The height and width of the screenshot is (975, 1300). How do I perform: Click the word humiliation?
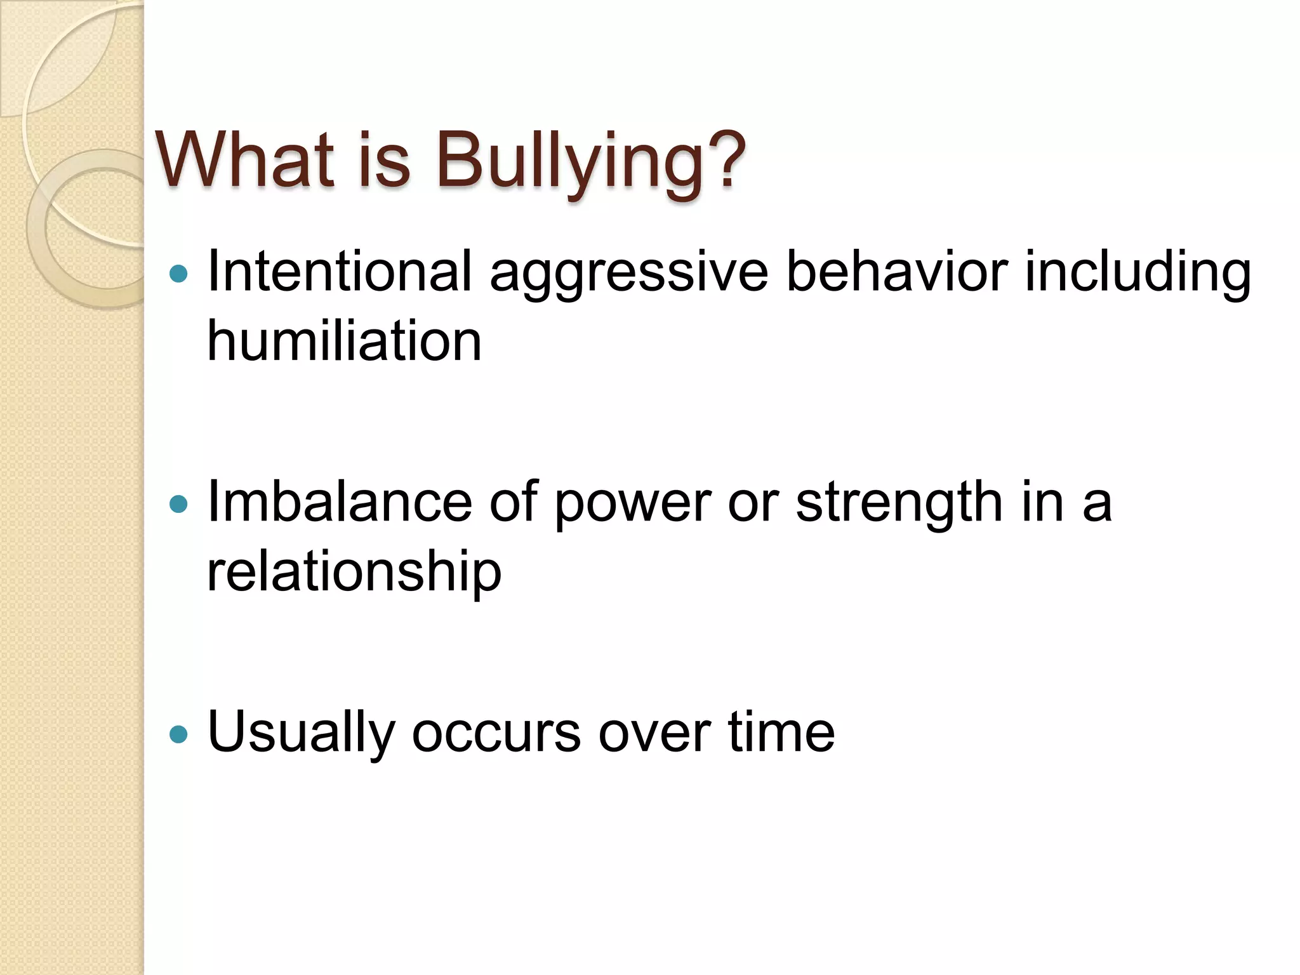click(345, 341)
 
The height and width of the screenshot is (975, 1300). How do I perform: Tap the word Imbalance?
click(340, 501)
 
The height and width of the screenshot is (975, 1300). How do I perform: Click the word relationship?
click(354, 571)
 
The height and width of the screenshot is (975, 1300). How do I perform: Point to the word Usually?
click(301, 733)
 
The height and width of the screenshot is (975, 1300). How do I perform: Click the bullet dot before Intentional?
click(180, 274)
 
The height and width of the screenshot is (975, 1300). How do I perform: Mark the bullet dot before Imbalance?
click(180, 505)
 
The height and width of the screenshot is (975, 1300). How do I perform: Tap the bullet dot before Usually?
click(180, 734)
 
